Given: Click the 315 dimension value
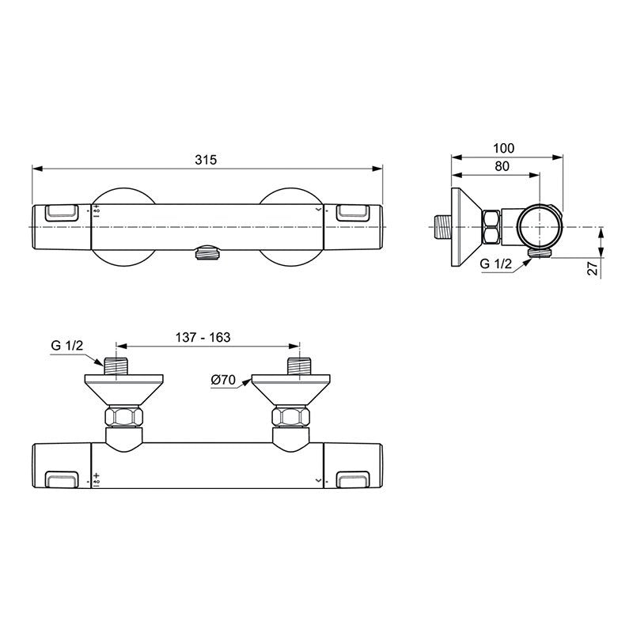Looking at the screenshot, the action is point(206,160).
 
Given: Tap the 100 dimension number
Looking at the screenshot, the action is point(504,148).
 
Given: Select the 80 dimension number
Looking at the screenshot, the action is point(502,166).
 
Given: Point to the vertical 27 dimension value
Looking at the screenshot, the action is point(592,268).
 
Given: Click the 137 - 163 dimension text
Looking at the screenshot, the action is point(203,337).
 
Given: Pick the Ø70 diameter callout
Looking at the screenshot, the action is point(223,380).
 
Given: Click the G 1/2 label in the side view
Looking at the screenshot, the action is point(496,263).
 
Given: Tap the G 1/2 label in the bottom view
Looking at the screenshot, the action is point(67,345).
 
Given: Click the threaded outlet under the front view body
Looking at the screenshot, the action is point(207,254).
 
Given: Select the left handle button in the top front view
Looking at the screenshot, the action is point(62,213).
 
